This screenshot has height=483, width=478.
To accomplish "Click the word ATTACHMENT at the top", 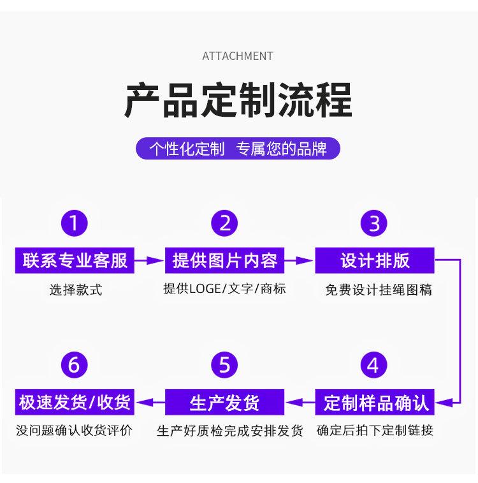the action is coord(237,56).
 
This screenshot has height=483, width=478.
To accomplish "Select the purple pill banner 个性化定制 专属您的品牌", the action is coord(238,149).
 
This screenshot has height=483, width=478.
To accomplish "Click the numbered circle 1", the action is coord(75,223).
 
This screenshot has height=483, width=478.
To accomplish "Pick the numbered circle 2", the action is coord(224,223).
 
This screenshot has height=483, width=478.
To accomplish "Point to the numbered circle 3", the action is coord(374,223).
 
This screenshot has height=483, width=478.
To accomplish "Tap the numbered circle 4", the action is coord(374,366).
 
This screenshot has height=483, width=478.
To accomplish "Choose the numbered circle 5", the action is coord(224,366).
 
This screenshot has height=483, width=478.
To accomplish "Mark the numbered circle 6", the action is coord(75,366).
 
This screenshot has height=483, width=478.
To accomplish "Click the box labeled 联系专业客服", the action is coord(75,260).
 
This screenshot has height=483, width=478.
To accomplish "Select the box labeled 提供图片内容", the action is coord(224,260).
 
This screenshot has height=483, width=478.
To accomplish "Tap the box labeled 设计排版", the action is coord(374,260).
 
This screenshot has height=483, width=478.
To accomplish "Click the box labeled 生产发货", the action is coord(224,403).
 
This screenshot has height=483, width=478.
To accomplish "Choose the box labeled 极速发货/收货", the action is coord(75,403).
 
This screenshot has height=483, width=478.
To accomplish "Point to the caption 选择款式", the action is coord(75,290).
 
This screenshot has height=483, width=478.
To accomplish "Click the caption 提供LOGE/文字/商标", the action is coord(224,289).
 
